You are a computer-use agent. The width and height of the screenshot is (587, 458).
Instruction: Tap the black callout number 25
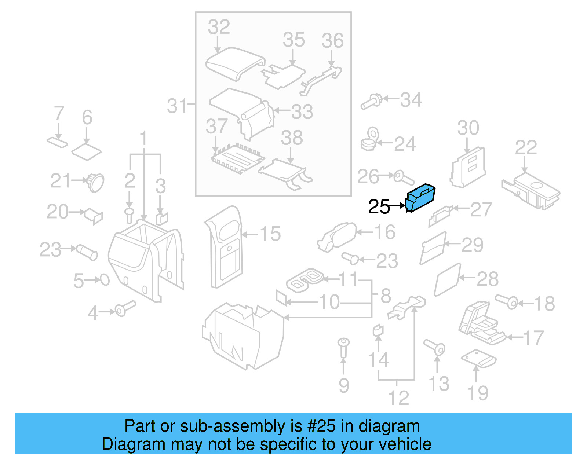pos(379,207)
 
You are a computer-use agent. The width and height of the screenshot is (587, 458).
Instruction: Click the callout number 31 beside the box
pos(178,106)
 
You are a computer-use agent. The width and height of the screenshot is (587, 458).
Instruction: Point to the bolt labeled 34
pos(372,101)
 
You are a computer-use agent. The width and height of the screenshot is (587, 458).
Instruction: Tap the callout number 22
pos(526,147)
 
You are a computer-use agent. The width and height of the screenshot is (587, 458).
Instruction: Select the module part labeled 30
pos(468,167)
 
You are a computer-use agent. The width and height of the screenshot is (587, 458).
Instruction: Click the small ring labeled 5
pos(105,280)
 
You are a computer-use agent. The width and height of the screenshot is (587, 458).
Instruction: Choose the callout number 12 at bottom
pos(398,398)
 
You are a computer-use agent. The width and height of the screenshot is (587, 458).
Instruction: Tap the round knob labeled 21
pos(95,182)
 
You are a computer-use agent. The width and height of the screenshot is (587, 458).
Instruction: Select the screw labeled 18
pos(507,301)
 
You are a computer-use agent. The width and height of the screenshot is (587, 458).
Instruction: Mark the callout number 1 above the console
pos(143,138)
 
